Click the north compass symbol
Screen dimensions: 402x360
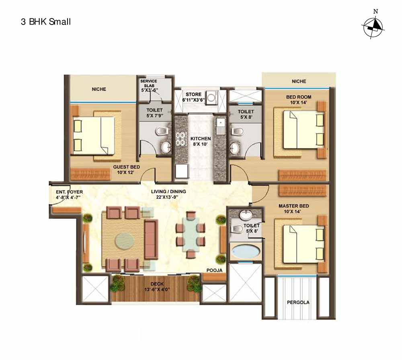(373, 26)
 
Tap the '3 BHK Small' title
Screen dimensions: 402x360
(46, 22)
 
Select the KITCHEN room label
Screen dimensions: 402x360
(201, 139)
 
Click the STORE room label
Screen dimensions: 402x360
(194, 94)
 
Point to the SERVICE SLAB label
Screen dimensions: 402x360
(149, 83)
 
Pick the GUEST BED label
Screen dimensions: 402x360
(127, 167)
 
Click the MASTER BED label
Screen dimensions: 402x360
(294, 206)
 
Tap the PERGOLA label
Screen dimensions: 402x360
(298, 303)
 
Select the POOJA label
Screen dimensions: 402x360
(215, 270)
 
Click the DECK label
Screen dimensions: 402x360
(157, 284)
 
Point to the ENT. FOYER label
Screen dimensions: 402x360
(69, 192)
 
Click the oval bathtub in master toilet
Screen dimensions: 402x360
(245, 252)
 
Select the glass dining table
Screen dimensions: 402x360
(191, 235)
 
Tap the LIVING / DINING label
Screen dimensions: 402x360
(168, 191)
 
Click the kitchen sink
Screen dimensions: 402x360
(220, 127)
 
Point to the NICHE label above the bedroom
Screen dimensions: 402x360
(299, 81)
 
